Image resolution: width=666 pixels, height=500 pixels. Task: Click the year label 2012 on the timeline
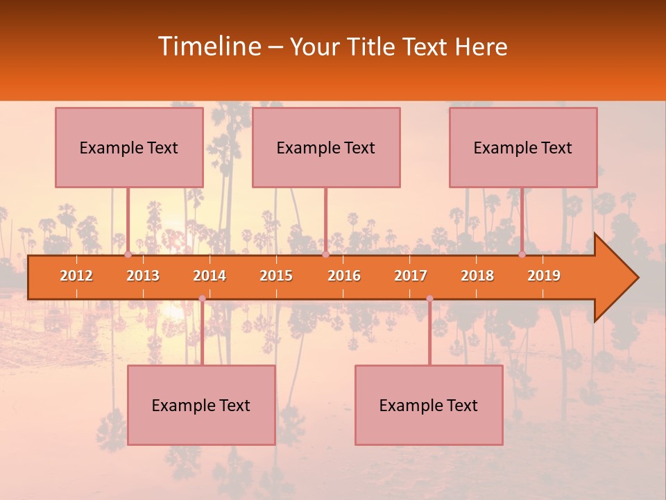(76, 276)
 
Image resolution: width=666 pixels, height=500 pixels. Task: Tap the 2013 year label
(143, 276)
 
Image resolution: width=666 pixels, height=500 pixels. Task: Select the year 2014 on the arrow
(210, 276)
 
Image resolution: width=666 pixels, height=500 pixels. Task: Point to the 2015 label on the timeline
(276, 276)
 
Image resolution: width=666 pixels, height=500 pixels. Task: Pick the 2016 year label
(344, 276)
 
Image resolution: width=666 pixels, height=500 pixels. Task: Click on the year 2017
(411, 276)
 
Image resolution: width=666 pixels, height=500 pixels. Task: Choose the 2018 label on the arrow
(477, 276)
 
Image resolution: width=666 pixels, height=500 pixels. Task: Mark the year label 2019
(544, 276)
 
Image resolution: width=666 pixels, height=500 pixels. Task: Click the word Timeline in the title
(208, 47)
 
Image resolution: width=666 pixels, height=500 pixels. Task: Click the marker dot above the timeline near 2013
(128, 255)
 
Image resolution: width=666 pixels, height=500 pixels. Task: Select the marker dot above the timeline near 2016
(325, 255)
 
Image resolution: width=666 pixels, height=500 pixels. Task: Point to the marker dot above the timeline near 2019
(522, 255)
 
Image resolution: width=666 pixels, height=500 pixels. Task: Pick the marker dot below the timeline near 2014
(202, 299)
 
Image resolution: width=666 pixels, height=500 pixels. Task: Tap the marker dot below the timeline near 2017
(429, 299)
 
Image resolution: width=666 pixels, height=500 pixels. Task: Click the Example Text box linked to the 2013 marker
(129, 148)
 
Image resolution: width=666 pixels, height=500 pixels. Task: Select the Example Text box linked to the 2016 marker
(326, 148)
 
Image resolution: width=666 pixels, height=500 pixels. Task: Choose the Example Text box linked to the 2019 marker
(523, 148)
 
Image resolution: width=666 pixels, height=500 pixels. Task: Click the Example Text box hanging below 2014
(201, 406)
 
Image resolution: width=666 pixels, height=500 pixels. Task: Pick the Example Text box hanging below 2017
(429, 406)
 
